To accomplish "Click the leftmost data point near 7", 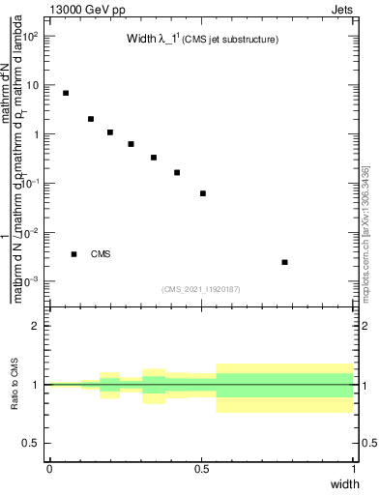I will pos(66,93).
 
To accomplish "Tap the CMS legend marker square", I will pos(73,254).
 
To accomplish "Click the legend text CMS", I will pos(101,254).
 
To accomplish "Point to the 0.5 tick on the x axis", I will pos(201,468).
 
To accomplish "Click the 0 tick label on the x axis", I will pos(49,468).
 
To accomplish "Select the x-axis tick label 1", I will pos(354,468).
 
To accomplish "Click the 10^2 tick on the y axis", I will pos(32,36).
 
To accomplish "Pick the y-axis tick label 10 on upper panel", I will pos(35,85).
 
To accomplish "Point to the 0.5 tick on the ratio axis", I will pos(33,443).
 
